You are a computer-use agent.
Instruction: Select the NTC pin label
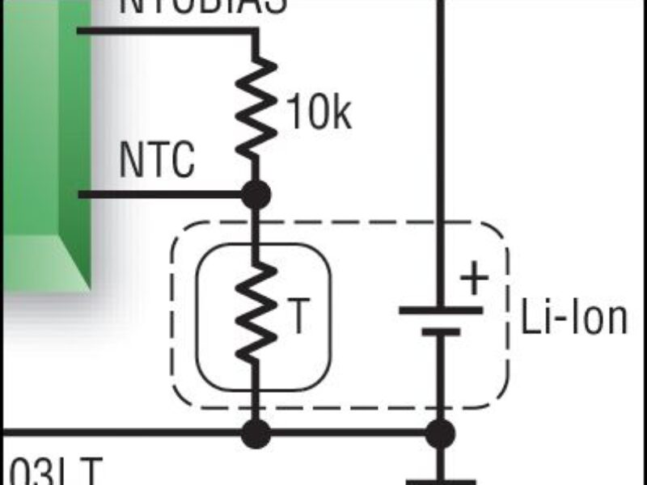point(157,161)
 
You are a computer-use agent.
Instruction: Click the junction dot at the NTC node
point(256,195)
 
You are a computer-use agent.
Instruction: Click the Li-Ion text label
point(573,318)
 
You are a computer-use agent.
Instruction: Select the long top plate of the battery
point(441,310)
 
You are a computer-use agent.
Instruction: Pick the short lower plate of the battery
point(441,331)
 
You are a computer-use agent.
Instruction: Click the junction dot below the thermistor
point(256,433)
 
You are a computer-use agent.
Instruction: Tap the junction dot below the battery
point(441,433)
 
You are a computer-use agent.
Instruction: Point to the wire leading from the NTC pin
point(162,195)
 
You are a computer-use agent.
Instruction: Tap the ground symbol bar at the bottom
point(441,482)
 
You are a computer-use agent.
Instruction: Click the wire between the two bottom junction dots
point(348,433)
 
